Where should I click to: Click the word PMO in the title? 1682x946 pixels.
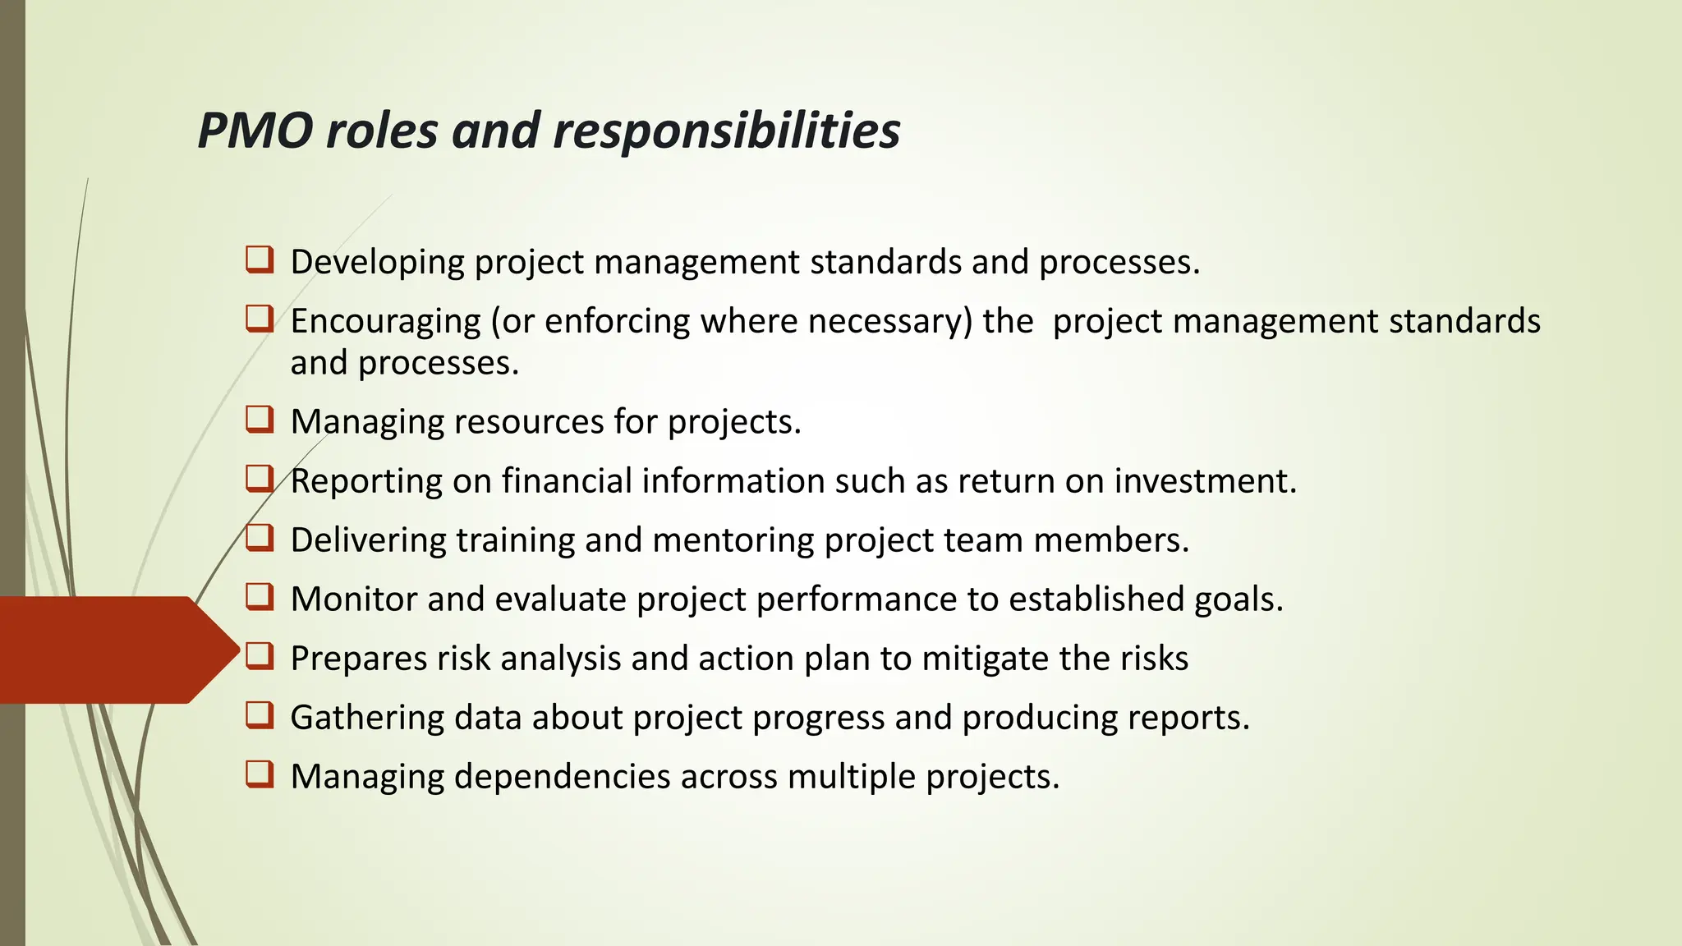tap(255, 131)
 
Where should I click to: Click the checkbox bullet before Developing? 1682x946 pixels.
tap(260, 260)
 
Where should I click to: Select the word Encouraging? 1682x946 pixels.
tap(385, 322)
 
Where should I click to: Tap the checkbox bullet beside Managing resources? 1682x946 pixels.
tap(260, 420)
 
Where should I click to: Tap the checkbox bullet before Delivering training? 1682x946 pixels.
tap(260, 538)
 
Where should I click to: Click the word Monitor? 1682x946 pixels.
tap(354, 599)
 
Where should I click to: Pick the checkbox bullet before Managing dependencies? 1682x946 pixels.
tap(260, 774)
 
